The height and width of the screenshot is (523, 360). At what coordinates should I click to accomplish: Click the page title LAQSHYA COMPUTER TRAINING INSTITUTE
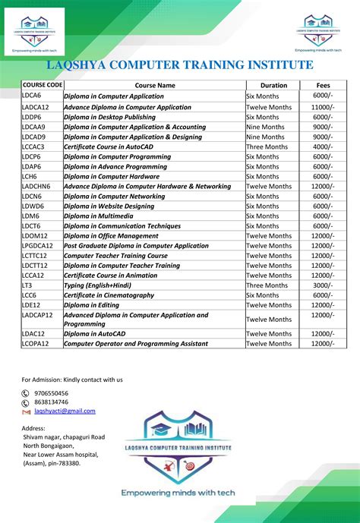coord(179,65)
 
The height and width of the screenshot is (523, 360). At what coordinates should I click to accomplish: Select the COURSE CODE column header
coord(41,86)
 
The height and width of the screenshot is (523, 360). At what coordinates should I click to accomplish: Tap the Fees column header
coord(324,86)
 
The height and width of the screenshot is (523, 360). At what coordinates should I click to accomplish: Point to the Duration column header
coord(273,86)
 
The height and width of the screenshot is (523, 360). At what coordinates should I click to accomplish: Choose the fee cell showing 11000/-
coord(323,107)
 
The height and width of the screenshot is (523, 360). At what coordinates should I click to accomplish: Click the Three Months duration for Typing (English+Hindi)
coord(268,285)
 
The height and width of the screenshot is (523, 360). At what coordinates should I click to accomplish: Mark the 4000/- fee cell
coord(323,147)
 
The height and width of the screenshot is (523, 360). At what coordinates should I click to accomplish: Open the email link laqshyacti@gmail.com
coord(65,411)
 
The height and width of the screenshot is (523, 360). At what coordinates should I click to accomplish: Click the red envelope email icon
coord(26,411)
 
